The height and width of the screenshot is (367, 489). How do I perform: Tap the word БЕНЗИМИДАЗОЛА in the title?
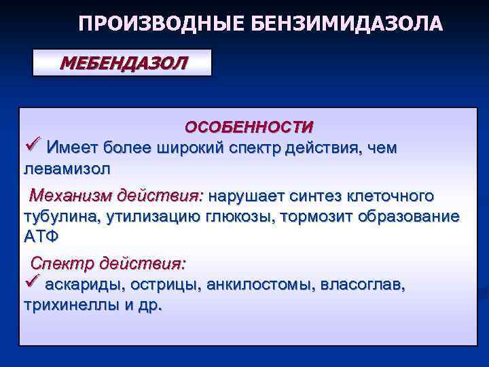click(x=347, y=24)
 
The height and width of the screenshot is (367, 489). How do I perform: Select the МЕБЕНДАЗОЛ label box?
click(x=123, y=63)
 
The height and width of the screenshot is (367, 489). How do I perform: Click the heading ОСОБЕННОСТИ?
click(x=249, y=127)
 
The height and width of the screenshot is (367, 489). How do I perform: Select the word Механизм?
click(x=72, y=196)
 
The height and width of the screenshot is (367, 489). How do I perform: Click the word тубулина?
click(x=58, y=217)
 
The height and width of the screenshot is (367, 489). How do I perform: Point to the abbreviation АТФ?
click(x=42, y=237)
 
